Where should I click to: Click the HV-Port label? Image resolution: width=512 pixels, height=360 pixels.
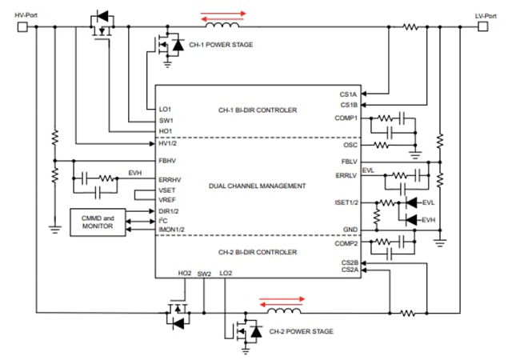pos(27,15)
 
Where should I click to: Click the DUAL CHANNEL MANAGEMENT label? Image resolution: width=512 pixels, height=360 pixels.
pos(257,186)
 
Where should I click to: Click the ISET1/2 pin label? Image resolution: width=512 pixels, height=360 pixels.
pos(346,203)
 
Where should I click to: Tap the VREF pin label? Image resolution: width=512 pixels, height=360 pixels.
pos(167,200)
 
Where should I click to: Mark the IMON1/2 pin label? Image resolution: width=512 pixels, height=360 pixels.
pos(173,230)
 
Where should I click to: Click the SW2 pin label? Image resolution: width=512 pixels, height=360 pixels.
pos(204,274)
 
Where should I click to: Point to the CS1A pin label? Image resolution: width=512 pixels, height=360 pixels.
pos(349,94)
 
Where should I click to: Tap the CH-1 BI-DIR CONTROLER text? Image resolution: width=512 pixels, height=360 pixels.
pos(257,109)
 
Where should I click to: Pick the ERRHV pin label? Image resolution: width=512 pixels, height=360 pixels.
pos(170,180)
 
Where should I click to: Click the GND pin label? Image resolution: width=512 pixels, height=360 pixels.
pos(350,230)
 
